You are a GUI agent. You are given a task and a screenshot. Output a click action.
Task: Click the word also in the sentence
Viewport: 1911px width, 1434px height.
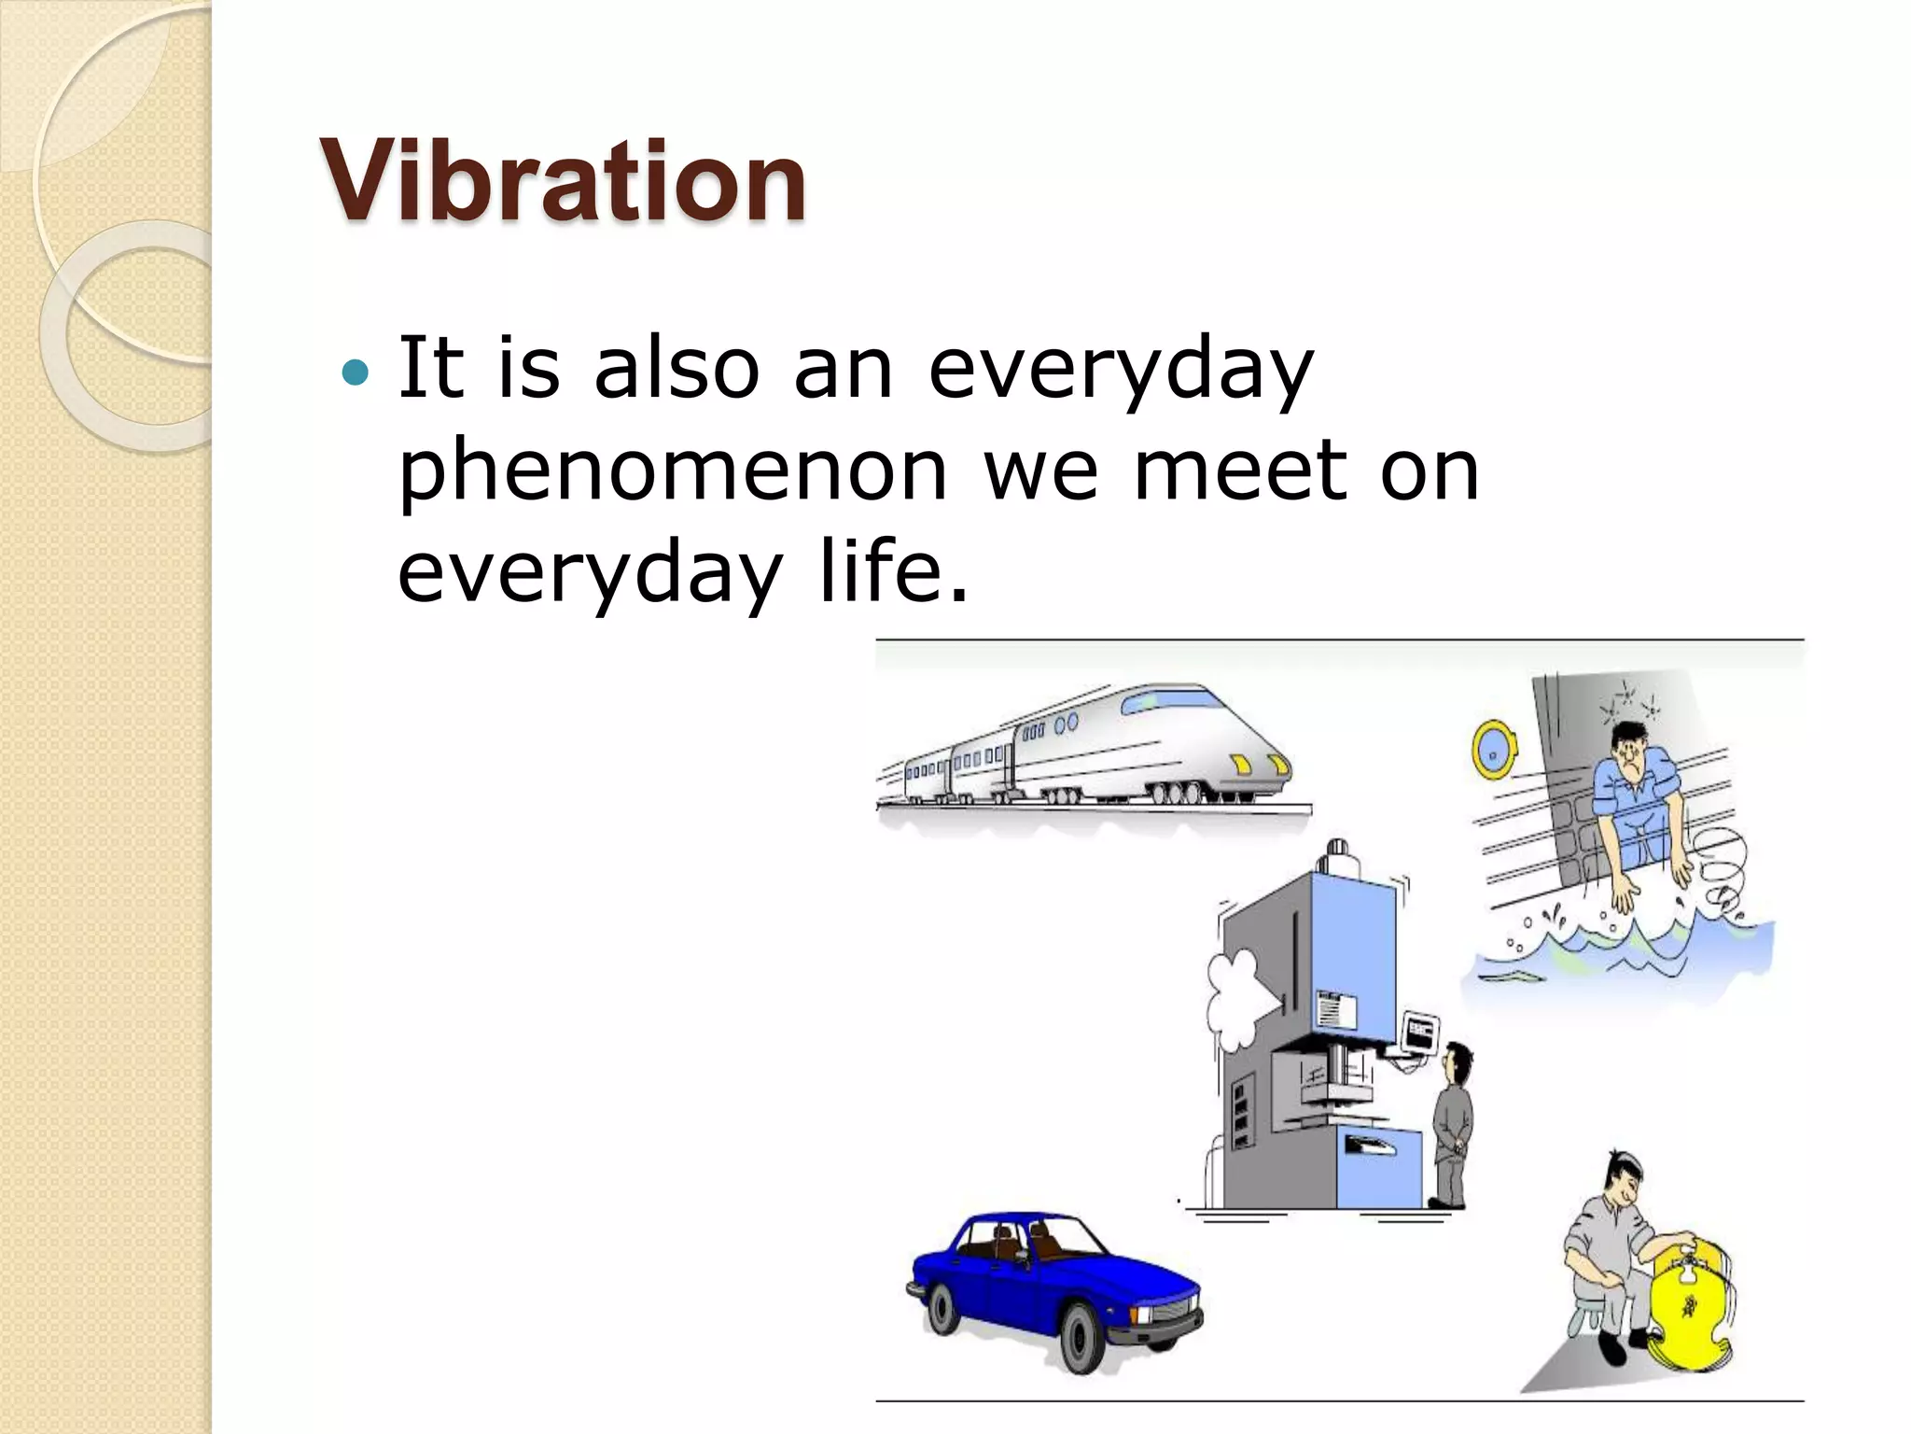(677, 368)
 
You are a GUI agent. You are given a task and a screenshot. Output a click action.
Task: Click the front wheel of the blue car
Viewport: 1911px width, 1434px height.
(1082, 1337)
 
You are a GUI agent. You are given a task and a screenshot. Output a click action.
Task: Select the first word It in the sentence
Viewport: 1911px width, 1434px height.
(430, 368)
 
